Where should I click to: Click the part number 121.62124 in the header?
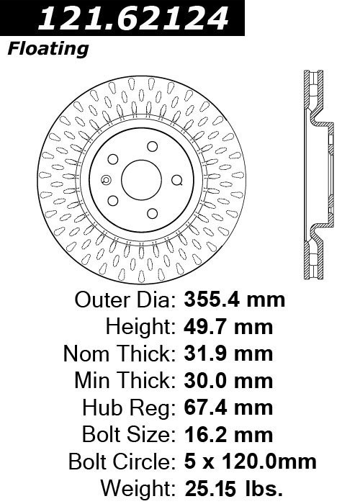(133, 19)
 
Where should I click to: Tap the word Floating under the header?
(48, 49)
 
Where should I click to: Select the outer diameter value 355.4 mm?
(234, 300)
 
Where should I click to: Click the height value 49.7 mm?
(228, 327)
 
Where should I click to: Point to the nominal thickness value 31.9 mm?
(228, 354)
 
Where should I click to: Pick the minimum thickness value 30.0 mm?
(228, 381)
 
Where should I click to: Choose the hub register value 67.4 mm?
(228, 408)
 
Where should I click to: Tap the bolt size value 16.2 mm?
(228, 435)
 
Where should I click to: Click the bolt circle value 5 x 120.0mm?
(251, 462)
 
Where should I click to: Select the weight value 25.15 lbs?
(234, 488)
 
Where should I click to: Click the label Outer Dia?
(125, 300)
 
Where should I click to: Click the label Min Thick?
(125, 381)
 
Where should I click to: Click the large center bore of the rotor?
(141, 180)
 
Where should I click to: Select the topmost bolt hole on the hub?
(153, 146)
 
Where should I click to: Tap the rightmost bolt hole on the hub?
(177, 180)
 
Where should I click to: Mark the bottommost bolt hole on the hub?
(153, 214)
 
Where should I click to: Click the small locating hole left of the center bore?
(106, 180)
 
